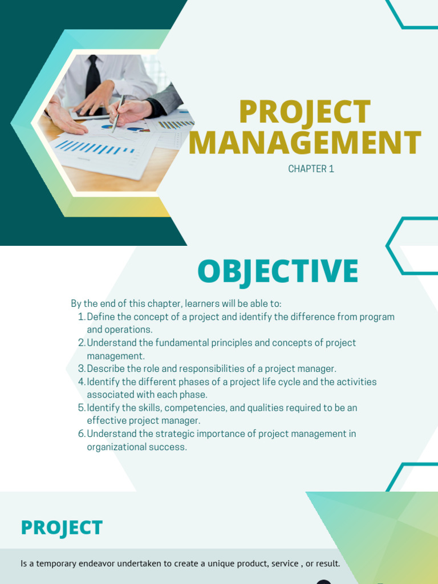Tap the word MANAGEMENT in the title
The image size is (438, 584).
pos(305,143)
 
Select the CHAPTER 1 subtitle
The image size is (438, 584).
pos(311,169)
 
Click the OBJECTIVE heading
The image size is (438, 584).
pos(278,271)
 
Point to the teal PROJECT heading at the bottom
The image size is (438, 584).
pos(62,528)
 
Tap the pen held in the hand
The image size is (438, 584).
pos(119,112)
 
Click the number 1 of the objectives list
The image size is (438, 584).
pos(80,317)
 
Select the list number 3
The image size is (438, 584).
pos(81,369)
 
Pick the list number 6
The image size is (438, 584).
pos(81,434)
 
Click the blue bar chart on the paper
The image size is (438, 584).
pos(94,147)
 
